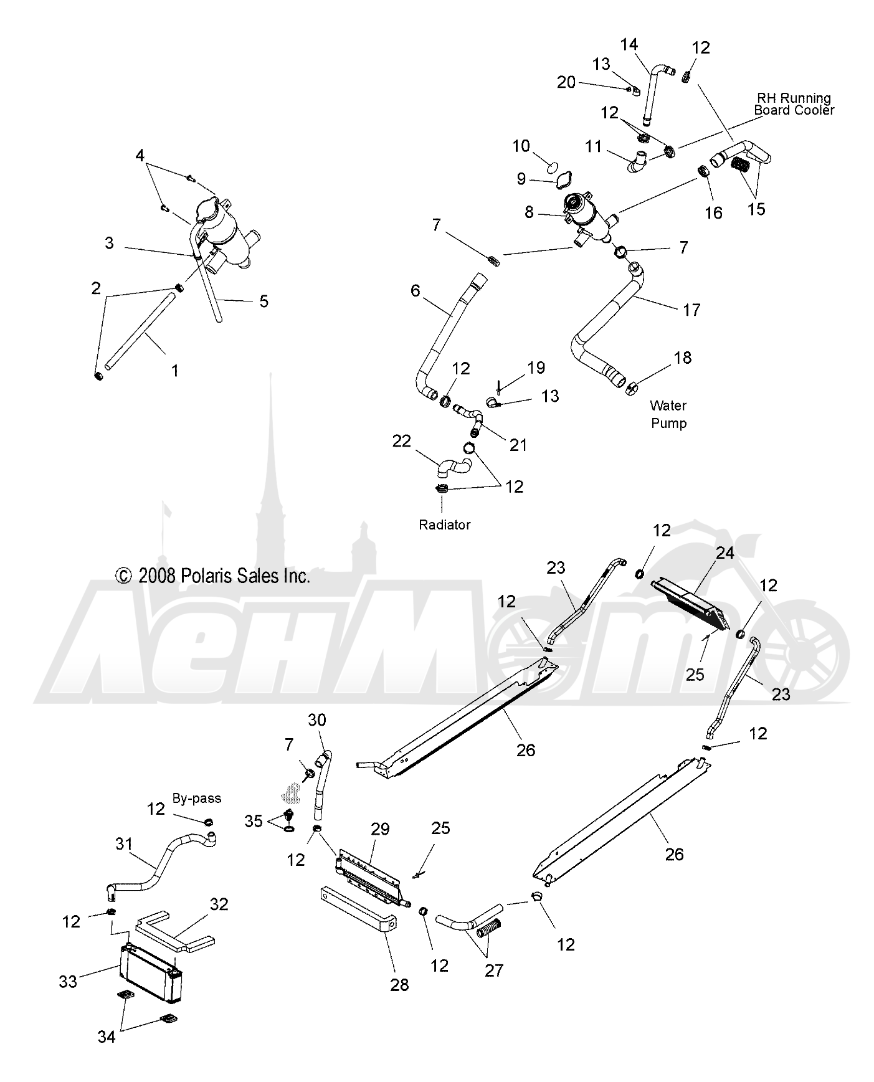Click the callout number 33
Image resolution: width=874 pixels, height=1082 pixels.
[x=68, y=982]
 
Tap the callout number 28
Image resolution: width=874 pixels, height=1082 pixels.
[x=399, y=985]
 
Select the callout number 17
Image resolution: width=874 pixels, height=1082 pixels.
[x=691, y=310]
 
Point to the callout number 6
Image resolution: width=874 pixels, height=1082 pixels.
[x=416, y=290]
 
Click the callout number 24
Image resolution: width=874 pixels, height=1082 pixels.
[x=724, y=553]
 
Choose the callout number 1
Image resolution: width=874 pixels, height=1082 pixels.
[x=175, y=371]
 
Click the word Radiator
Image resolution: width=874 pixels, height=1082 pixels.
[x=444, y=524]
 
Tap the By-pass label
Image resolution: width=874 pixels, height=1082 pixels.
[x=197, y=798]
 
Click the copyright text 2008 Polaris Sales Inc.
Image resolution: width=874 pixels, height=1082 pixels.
[x=213, y=576]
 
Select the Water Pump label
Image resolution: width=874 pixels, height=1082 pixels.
[x=668, y=414]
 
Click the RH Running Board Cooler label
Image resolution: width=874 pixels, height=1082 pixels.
[x=794, y=103]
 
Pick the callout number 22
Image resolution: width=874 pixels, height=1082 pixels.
[x=402, y=441]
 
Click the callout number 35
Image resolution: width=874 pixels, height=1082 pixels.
[x=254, y=821]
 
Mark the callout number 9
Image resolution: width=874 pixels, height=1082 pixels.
[x=521, y=179]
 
